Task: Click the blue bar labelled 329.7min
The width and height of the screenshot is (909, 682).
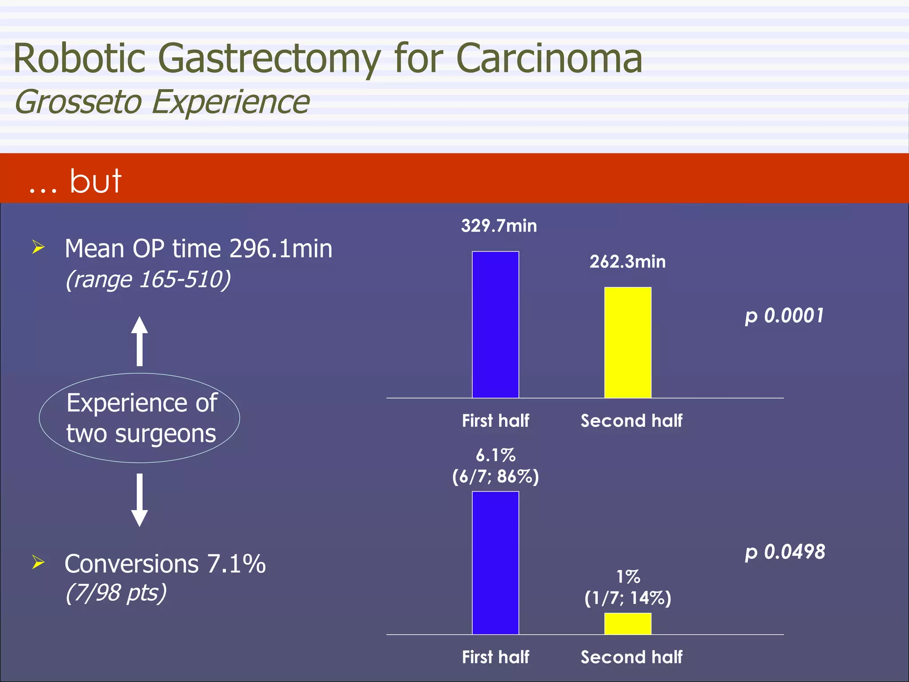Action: [495, 325]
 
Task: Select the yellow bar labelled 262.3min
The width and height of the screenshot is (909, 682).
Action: [628, 342]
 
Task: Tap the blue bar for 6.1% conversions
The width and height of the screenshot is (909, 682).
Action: [495, 563]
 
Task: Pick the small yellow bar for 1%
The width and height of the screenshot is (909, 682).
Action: [628, 623]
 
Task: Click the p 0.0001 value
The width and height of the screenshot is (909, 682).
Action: [784, 316]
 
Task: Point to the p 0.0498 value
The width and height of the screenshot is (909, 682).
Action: [785, 552]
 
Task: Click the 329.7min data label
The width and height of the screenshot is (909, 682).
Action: [499, 226]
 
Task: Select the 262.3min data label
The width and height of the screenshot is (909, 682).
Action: [628, 262]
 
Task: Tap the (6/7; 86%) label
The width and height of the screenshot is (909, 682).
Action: [495, 476]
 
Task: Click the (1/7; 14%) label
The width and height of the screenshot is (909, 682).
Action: [628, 598]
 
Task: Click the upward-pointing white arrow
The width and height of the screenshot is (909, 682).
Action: [139, 341]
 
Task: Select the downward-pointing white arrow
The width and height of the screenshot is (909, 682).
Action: [139, 500]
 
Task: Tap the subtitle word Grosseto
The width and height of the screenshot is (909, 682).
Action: [78, 102]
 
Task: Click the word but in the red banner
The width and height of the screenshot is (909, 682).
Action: [95, 181]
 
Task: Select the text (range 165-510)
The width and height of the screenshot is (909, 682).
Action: [148, 280]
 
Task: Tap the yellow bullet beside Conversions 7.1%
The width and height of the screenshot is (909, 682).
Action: [39, 562]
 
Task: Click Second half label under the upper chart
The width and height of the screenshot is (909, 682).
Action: [631, 420]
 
